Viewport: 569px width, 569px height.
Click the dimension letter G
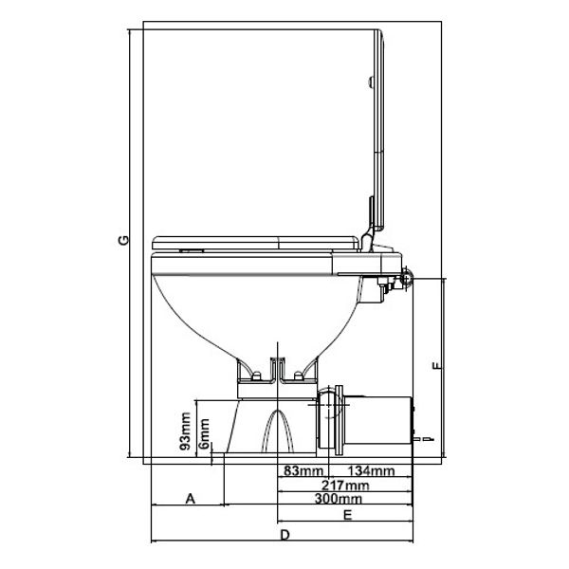click(x=122, y=243)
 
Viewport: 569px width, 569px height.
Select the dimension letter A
click(x=189, y=496)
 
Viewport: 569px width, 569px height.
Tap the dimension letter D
click(x=285, y=537)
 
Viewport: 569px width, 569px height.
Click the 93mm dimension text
click(x=188, y=431)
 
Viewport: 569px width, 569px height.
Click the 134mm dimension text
click(x=372, y=470)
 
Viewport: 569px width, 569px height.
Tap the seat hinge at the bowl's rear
click(x=407, y=276)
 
